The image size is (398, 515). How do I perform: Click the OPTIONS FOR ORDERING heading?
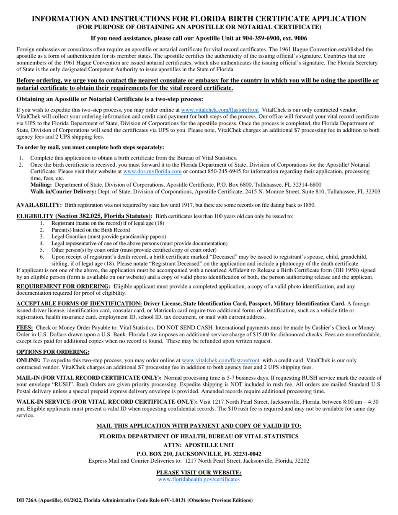(x=53, y=352)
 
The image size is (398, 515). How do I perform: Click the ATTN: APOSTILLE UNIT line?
(x=199, y=445)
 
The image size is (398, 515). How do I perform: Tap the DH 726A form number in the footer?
(x=28, y=500)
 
